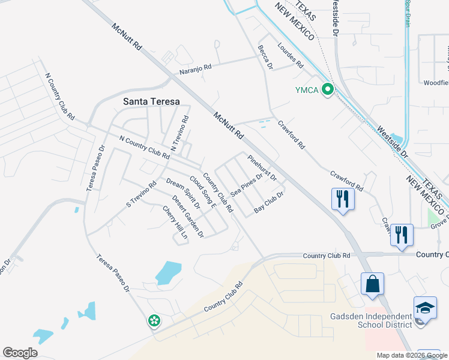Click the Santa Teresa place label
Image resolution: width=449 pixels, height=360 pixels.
click(151, 101)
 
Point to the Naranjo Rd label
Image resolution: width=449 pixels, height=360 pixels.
click(196, 69)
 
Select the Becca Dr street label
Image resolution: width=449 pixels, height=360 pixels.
click(265, 56)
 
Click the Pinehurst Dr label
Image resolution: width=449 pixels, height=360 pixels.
click(262, 167)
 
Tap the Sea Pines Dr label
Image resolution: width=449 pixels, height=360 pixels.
click(247, 185)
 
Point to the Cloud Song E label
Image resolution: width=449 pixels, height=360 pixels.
click(202, 191)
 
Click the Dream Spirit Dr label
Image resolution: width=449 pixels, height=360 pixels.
click(182, 194)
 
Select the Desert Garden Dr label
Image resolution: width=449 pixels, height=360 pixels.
click(188, 216)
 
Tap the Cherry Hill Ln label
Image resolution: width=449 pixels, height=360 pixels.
click(175, 223)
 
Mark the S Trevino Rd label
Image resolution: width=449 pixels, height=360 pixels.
click(141, 195)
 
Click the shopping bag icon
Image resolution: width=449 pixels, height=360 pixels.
click(372, 284)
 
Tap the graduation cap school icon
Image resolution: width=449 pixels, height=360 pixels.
click(425, 307)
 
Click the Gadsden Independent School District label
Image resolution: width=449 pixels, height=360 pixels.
click(371, 320)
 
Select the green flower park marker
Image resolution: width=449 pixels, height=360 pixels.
click(154, 321)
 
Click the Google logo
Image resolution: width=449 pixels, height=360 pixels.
click(20, 353)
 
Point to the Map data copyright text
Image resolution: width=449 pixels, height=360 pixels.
click(412, 355)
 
